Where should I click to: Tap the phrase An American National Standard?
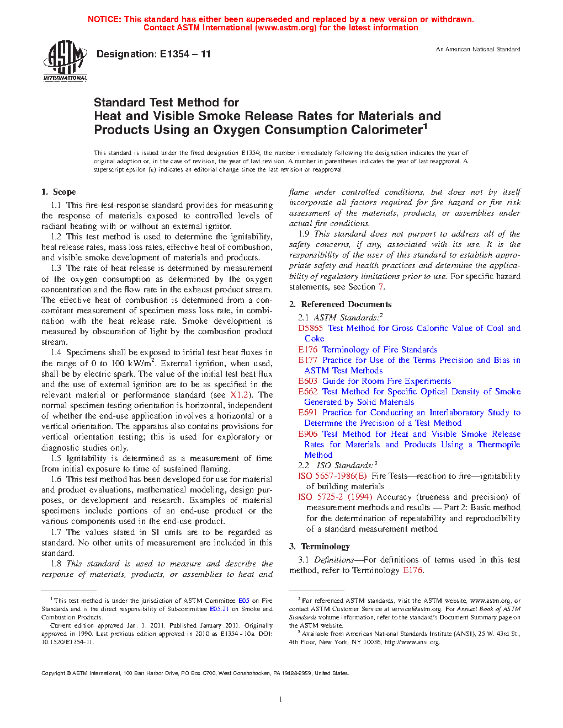(x=478, y=49)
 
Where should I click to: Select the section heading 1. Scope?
(x=59, y=192)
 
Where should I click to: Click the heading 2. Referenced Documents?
(x=341, y=304)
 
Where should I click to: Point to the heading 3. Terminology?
(x=320, y=547)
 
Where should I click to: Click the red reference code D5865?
(x=310, y=328)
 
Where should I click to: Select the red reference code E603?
(x=307, y=381)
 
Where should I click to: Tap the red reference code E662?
(x=307, y=392)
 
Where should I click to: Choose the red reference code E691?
(x=307, y=413)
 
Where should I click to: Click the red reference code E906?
(x=307, y=434)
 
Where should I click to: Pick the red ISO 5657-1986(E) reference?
(x=332, y=476)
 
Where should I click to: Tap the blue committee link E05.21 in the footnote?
(x=219, y=609)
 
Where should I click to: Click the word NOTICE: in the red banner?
(x=104, y=19)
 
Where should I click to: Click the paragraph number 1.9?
(x=304, y=234)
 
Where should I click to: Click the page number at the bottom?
(x=281, y=700)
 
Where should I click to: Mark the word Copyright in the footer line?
(x=54, y=673)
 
